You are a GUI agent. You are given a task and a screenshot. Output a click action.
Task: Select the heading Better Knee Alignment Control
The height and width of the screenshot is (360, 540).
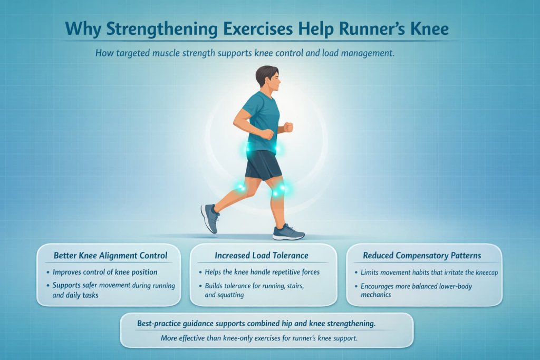pyautogui.click(x=110, y=256)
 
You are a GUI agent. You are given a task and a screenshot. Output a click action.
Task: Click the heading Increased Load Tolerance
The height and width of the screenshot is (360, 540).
pyautogui.click(x=262, y=256)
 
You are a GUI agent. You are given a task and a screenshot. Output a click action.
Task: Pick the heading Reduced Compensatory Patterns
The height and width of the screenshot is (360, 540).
pyautogui.click(x=422, y=256)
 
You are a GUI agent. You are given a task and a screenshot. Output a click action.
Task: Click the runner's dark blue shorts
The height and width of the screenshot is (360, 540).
pyautogui.click(x=262, y=165)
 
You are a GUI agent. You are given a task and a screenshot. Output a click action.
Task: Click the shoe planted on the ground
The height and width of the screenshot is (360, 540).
pyautogui.click(x=288, y=231)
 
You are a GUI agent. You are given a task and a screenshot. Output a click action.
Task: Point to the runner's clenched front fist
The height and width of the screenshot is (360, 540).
pyautogui.click(x=288, y=127)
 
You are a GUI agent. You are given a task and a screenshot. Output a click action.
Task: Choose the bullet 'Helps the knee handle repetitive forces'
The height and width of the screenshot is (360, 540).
pyautogui.click(x=262, y=273)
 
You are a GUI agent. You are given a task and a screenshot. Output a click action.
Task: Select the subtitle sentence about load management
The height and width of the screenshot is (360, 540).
pyautogui.click(x=245, y=53)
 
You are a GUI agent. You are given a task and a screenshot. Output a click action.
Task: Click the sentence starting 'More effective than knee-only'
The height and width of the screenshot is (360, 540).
pyautogui.click(x=259, y=338)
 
